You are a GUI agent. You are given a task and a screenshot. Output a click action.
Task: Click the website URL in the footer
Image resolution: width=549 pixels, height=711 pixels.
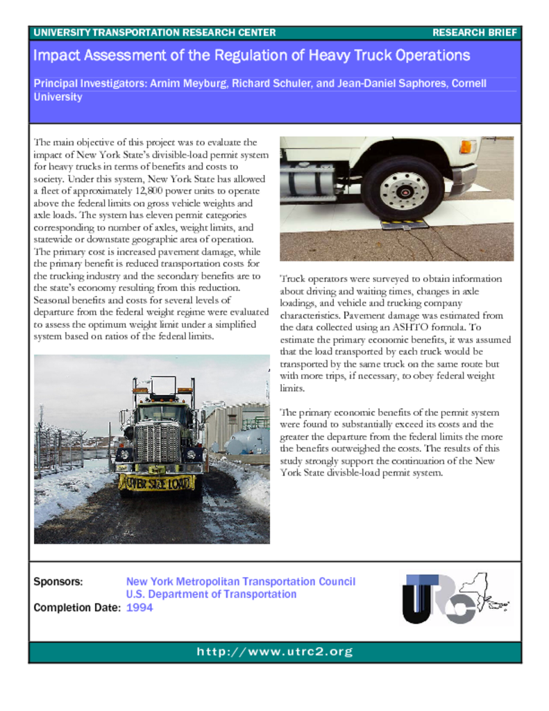(x=275, y=652)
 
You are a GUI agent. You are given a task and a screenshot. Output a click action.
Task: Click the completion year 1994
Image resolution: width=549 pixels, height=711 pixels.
(x=140, y=608)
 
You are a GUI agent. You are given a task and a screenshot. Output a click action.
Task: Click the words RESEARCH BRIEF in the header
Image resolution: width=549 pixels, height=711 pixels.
(x=474, y=33)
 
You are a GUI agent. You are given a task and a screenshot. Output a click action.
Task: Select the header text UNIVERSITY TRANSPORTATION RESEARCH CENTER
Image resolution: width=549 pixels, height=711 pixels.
(x=154, y=33)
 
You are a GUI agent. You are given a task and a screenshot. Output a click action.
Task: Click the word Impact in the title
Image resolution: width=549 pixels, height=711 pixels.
(x=56, y=56)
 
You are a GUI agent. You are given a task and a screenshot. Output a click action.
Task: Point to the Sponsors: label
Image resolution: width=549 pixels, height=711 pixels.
(x=58, y=581)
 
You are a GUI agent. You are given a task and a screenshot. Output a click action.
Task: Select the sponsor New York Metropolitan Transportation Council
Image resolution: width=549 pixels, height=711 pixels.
(x=240, y=581)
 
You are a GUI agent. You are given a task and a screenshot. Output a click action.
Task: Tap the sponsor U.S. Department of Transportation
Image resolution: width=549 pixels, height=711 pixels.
(x=211, y=594)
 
